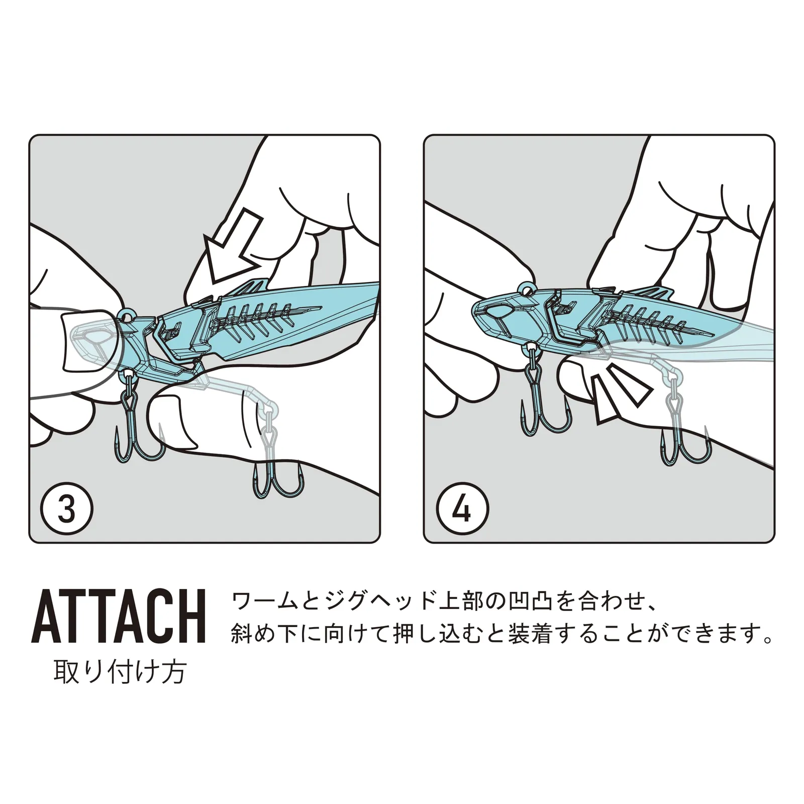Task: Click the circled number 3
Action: (67, 509)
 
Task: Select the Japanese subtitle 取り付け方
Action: (120, 671)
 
